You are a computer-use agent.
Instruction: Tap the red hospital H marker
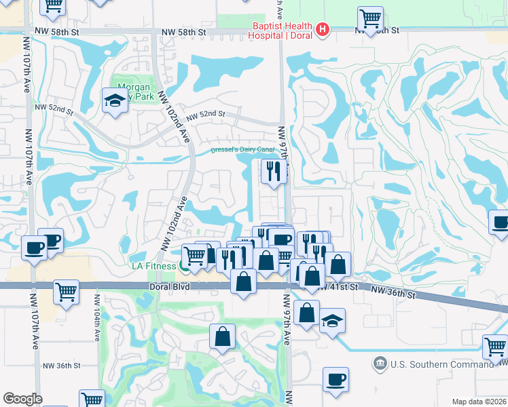(323, 30)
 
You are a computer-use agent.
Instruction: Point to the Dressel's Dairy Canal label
(242, 149)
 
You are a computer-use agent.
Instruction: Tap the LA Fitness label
(153, 265)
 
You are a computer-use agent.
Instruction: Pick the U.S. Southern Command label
(439, 364)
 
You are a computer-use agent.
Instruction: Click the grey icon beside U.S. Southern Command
(379, 364)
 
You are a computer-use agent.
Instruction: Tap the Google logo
(22, 399)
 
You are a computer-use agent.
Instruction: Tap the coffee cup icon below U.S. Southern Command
(335, 379)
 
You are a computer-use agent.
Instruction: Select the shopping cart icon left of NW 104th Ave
(67, 292)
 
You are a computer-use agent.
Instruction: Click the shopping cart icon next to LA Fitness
(195, 255)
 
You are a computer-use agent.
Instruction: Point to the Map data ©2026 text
(479, 402)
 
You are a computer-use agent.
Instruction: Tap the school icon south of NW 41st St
(333, 319)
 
